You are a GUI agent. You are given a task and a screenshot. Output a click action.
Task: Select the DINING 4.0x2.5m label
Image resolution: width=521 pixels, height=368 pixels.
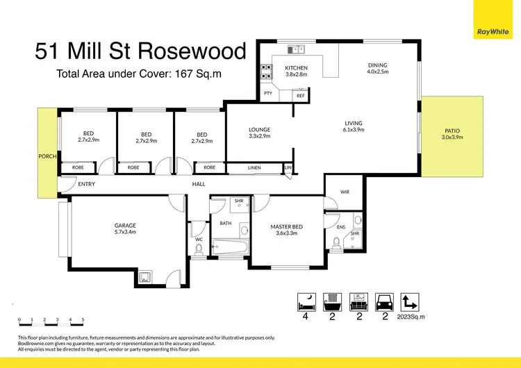coord(378,68)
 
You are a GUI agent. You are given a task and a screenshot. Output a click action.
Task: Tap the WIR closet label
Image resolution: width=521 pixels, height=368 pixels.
coord(345,192)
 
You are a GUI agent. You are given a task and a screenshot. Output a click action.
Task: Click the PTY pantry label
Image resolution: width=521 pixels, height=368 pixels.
coord(267,93)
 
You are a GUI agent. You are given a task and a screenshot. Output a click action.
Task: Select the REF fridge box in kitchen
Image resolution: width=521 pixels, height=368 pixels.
coord(301,95)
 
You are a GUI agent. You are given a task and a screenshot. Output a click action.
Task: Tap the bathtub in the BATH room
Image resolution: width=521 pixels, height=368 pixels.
coord(229,244)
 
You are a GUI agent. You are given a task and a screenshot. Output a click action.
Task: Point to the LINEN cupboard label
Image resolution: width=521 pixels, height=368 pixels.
coord(255,167)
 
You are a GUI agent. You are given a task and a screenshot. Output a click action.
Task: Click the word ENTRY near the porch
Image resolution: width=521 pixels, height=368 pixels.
coord(87,184)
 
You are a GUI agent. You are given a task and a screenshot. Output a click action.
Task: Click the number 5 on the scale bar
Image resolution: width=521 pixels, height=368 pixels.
coord(83,320)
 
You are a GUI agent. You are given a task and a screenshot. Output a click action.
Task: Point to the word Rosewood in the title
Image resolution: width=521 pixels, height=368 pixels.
coord(202,51)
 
